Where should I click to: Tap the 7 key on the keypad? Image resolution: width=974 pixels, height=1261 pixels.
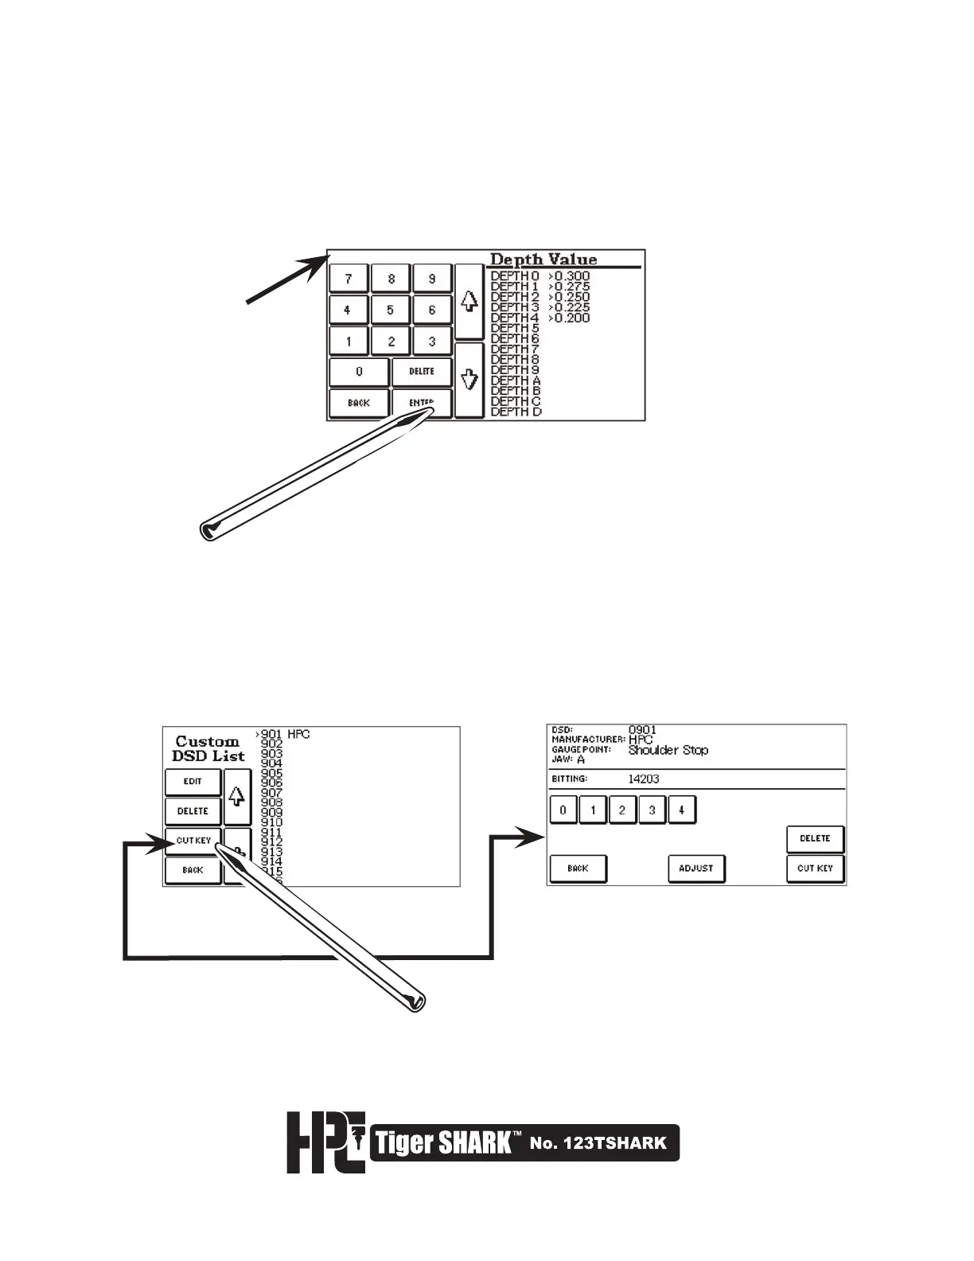click(x=348, y=279)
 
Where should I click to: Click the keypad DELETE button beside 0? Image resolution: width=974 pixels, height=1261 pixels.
click(x=422, y=372)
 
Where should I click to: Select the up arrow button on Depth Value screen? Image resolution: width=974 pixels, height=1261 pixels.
click(x=469, y=302)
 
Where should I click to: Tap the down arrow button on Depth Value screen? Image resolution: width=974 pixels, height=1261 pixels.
click(x=469, y=380)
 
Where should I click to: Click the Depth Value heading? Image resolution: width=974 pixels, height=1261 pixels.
click(x=543, y=260)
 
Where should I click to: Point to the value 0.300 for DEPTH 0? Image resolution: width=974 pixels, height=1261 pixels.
click(x=570, y=276)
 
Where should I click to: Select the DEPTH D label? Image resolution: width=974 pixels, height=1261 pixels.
click(x=516, y=412)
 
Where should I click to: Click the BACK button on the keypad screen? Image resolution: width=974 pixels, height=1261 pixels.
click(x=359, y=403)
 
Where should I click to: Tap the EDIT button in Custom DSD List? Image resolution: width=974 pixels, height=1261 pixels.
click(x=193, y=782)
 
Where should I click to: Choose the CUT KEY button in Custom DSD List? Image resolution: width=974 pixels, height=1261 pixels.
click(x=193, y=841)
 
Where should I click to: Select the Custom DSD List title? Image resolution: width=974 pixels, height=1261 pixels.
click(x=208, y=748)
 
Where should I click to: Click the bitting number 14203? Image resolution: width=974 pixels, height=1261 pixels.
click(x=644, y=779)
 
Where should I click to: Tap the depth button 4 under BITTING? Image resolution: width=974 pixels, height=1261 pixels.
click(x=682, y=810)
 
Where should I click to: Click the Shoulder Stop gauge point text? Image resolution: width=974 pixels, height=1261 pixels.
click(x=668, y=750)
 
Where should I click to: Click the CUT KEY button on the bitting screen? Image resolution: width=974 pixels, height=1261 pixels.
click(x=815, y=869)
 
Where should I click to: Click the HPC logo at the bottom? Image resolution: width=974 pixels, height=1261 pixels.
click(x=325, y=1142)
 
